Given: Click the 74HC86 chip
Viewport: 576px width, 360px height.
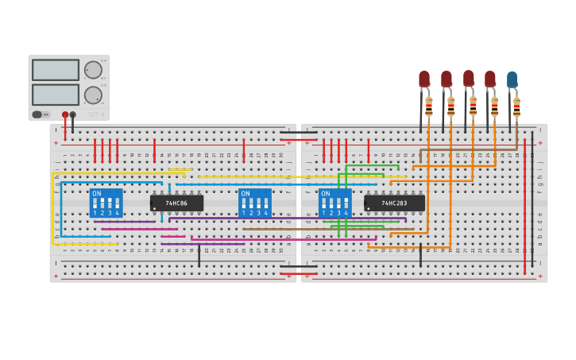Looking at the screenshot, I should click(x=176, y=203).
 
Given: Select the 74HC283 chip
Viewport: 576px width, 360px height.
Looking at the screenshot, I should click(x=394, y=203).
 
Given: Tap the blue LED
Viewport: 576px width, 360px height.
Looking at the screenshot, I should click(x=512, y=79).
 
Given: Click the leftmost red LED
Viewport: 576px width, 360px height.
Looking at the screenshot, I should click(x=424, y=79).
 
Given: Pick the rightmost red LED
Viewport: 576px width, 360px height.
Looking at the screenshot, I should click(x=490, y=79).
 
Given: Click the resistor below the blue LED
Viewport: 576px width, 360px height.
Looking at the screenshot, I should click(x=516, y=106).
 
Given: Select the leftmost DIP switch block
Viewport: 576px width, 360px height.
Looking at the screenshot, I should click(x=106, y=203).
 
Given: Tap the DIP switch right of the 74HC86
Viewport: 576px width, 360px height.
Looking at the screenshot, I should click(x=255, y=203).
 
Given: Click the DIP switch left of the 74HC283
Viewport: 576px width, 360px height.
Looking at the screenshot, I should click(x=334, y=203).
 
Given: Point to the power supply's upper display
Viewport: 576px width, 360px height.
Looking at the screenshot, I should click(x=55, y=70).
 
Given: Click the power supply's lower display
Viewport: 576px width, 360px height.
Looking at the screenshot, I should click(x=55, y=95).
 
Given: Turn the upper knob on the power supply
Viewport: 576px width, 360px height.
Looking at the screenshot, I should click(x=93, y=70).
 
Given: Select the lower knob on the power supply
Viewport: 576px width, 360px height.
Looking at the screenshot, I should click(x=93, y=95).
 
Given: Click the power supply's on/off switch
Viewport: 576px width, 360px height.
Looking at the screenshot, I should click(x=37, y=114).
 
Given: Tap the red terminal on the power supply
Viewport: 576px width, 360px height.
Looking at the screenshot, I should click(x=65, y=114).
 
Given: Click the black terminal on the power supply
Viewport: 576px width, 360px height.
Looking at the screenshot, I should click(x=73, y=114).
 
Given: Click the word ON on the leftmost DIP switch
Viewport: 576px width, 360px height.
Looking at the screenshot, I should click(x=97, y=194).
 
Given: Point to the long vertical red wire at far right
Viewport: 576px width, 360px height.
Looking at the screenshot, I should click(x=524, y=207).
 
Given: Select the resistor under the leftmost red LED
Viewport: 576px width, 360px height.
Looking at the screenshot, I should click(x=429, y=106).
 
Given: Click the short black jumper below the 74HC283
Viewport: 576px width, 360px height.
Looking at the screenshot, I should click(x=420, y=256).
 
